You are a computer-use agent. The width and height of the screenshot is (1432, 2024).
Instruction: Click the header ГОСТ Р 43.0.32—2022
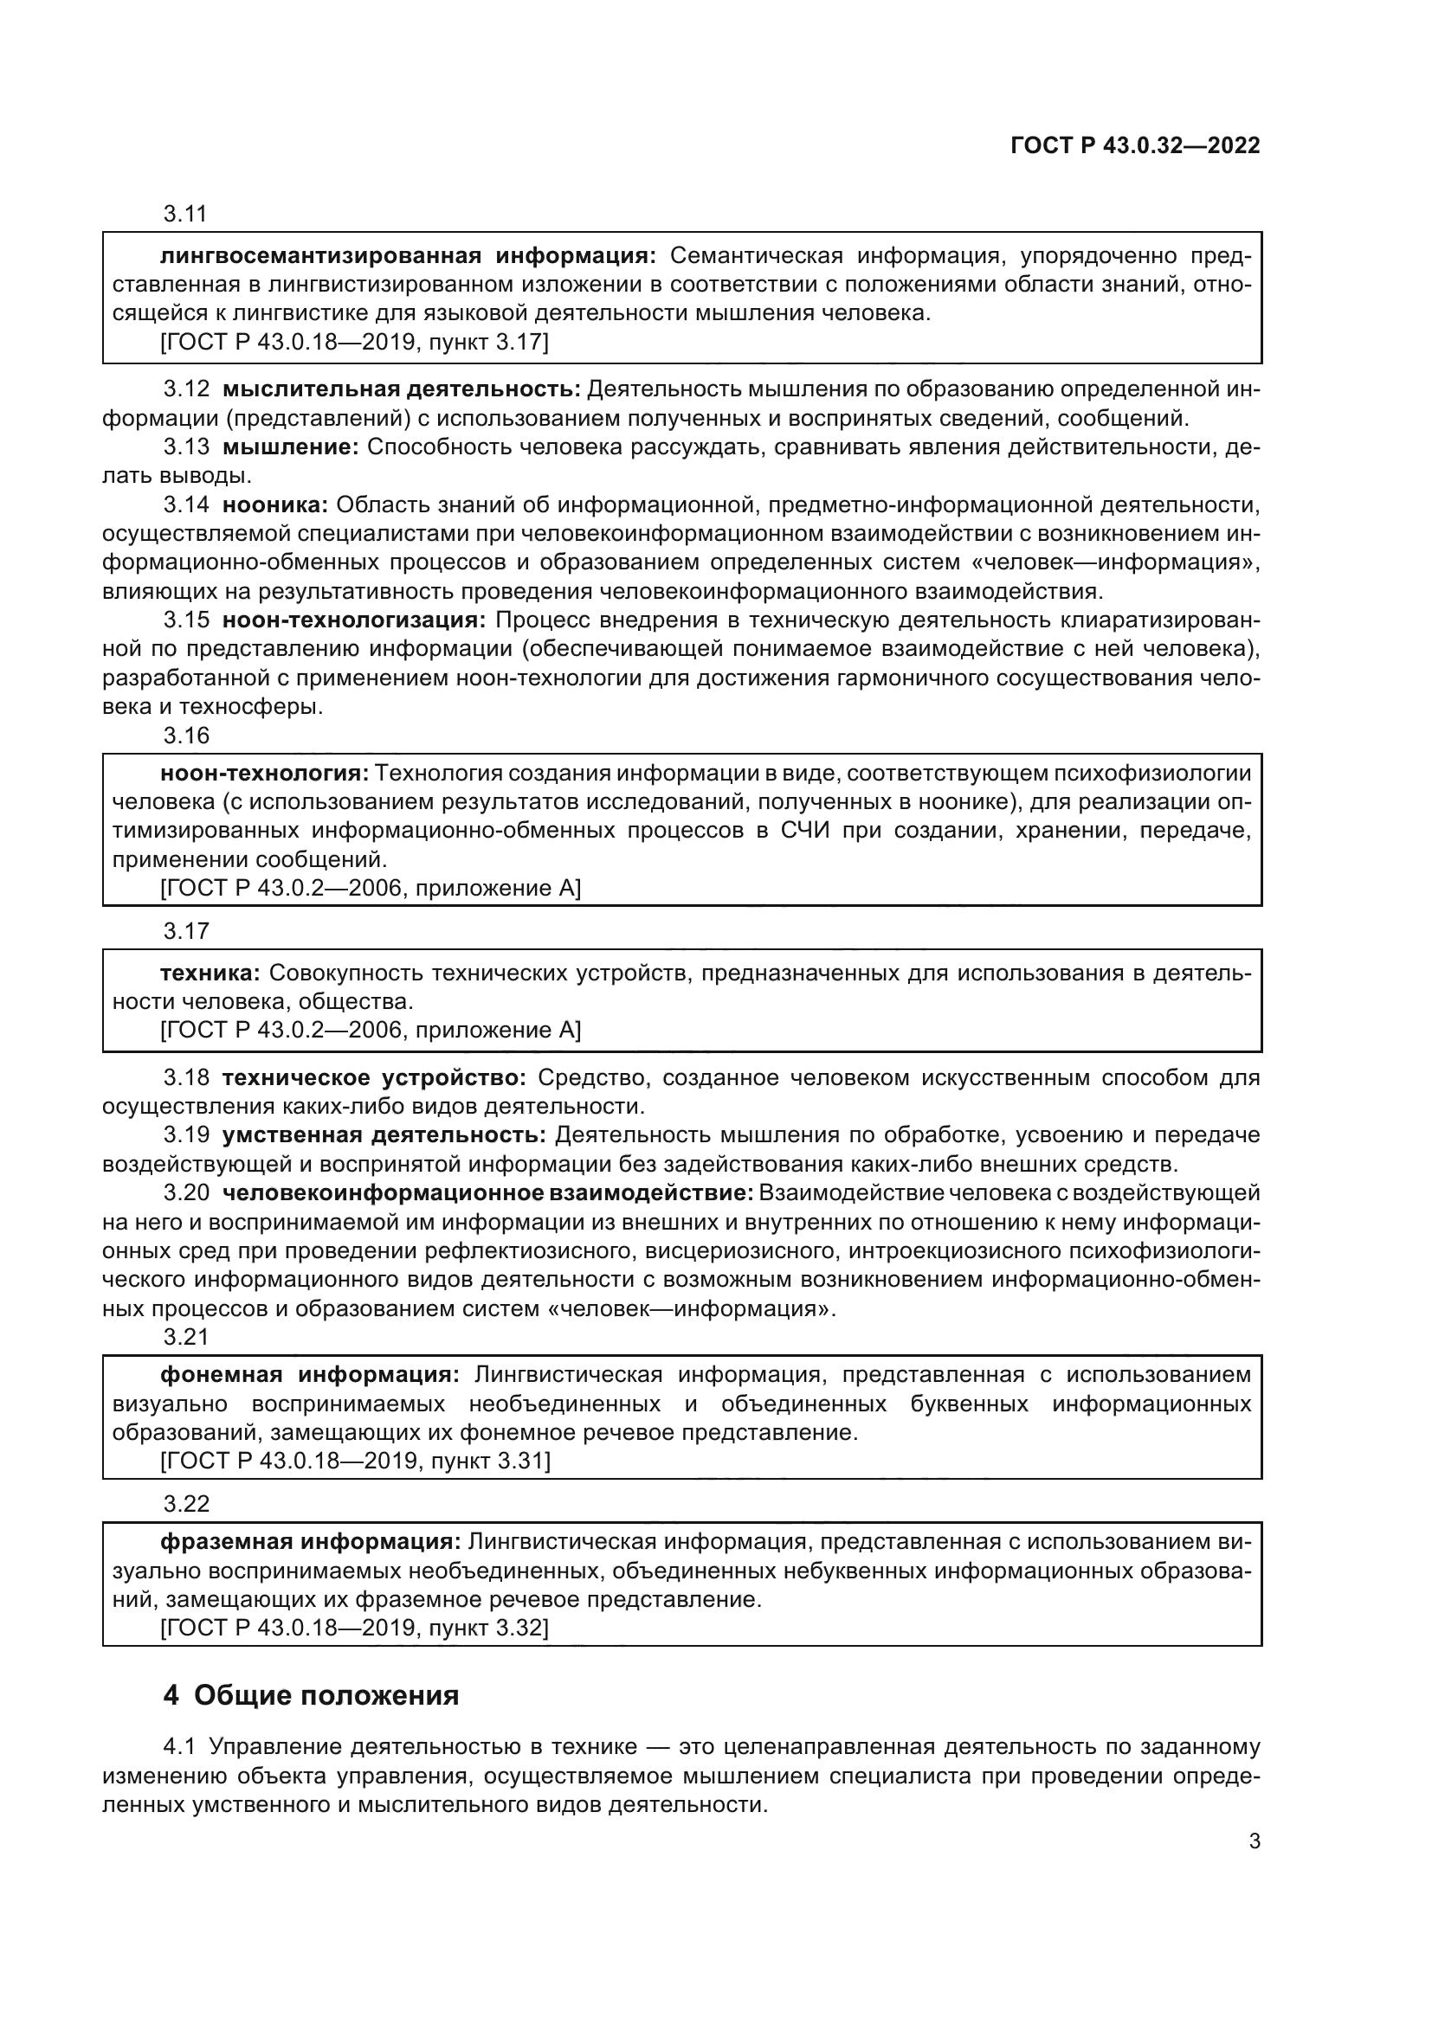pos(1135,146)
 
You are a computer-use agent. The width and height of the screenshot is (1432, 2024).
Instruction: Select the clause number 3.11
pos(185,215)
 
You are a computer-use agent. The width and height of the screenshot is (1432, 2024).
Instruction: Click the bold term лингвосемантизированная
pos(320,256)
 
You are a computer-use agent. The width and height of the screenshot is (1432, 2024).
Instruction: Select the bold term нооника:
pos(275,505)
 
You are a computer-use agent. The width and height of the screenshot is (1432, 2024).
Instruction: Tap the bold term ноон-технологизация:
pos(353,620)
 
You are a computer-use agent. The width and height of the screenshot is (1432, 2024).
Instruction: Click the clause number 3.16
pos(186,736)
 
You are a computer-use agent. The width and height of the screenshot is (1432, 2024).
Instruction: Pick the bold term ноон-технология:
pos(265,774)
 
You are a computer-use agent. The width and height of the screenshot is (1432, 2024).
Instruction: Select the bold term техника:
pos(210,973)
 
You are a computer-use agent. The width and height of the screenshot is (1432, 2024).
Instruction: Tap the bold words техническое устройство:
pos(374,1078)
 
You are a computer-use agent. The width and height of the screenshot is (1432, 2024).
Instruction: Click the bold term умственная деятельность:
pos(384,1135)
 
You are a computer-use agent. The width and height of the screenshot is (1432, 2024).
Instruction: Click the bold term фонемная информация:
pos(309,1375)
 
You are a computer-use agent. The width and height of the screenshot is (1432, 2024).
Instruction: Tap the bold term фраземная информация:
pos(311,1542)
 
